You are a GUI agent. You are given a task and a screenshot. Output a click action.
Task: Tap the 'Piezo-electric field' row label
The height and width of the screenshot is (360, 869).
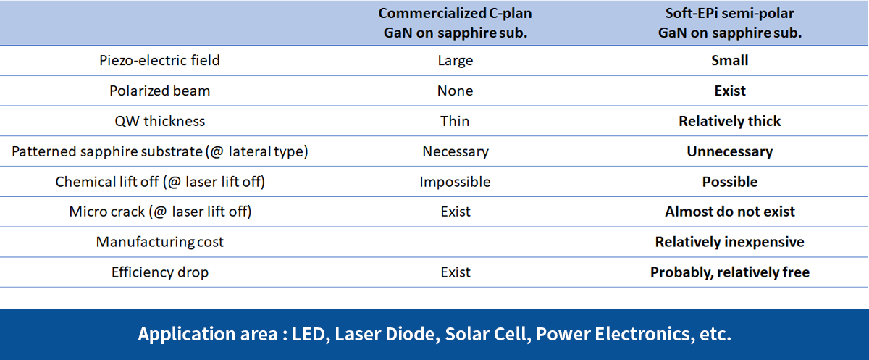pos(159,61)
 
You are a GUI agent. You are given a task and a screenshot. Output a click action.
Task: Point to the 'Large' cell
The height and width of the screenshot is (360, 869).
pos(456,61)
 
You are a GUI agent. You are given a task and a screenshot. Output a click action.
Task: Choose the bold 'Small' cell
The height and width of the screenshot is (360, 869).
pos(730,61)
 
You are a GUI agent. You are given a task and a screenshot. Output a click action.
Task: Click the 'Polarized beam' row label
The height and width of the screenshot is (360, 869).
pos(159,91)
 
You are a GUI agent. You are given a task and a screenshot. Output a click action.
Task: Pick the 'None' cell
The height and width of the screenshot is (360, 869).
pos(455,91)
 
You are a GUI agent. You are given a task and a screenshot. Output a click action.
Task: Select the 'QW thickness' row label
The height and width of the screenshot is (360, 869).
pos(159,121)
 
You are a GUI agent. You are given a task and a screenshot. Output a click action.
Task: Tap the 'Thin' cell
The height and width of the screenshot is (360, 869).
pos(455,121)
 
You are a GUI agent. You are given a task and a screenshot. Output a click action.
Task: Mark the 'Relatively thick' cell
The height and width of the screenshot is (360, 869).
pos(730,121)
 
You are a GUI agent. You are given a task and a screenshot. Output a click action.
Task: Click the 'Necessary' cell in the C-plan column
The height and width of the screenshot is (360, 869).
pos(456,151)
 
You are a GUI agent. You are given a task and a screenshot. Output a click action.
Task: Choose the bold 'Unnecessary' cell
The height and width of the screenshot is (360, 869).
pos(730,151)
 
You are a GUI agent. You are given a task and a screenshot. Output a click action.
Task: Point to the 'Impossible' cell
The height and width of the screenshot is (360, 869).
pos(455,182)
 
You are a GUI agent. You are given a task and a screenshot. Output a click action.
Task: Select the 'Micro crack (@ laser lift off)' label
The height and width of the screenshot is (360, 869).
pos(160,212)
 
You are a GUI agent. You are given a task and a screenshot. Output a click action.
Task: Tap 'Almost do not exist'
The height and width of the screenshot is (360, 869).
pos(730,212)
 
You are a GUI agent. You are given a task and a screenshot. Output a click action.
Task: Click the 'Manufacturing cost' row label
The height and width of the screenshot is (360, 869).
pos(159,242)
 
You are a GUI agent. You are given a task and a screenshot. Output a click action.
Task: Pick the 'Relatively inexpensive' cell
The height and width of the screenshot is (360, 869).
pos(730,242)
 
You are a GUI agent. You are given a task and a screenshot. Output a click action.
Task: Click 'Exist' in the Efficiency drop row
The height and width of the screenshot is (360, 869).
pos(455,272)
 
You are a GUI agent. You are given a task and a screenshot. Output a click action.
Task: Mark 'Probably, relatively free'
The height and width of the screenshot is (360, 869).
pos(730,272)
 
